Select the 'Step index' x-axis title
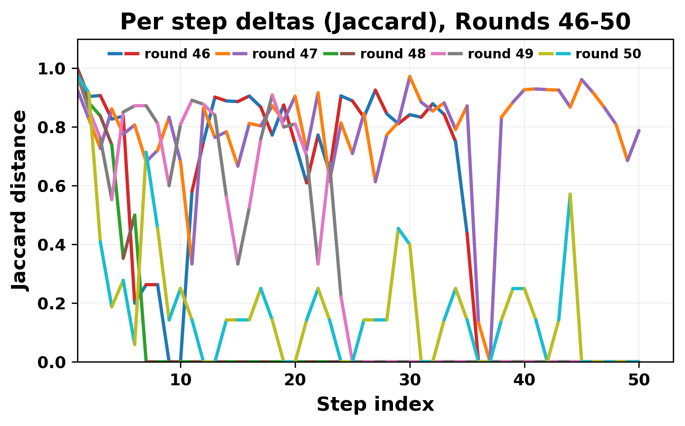point(375,404)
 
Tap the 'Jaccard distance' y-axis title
point(20,200)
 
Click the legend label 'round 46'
point(177,54)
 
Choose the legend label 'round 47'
point(285,54)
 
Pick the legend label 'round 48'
point(393,54)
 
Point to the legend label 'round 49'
point(500,54)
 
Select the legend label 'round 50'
point(608,54)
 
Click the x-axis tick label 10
point(180,380)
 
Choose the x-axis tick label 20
point(295,380)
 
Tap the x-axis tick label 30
point(410,380)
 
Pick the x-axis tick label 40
point(525,380)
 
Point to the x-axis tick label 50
point(639,380)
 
